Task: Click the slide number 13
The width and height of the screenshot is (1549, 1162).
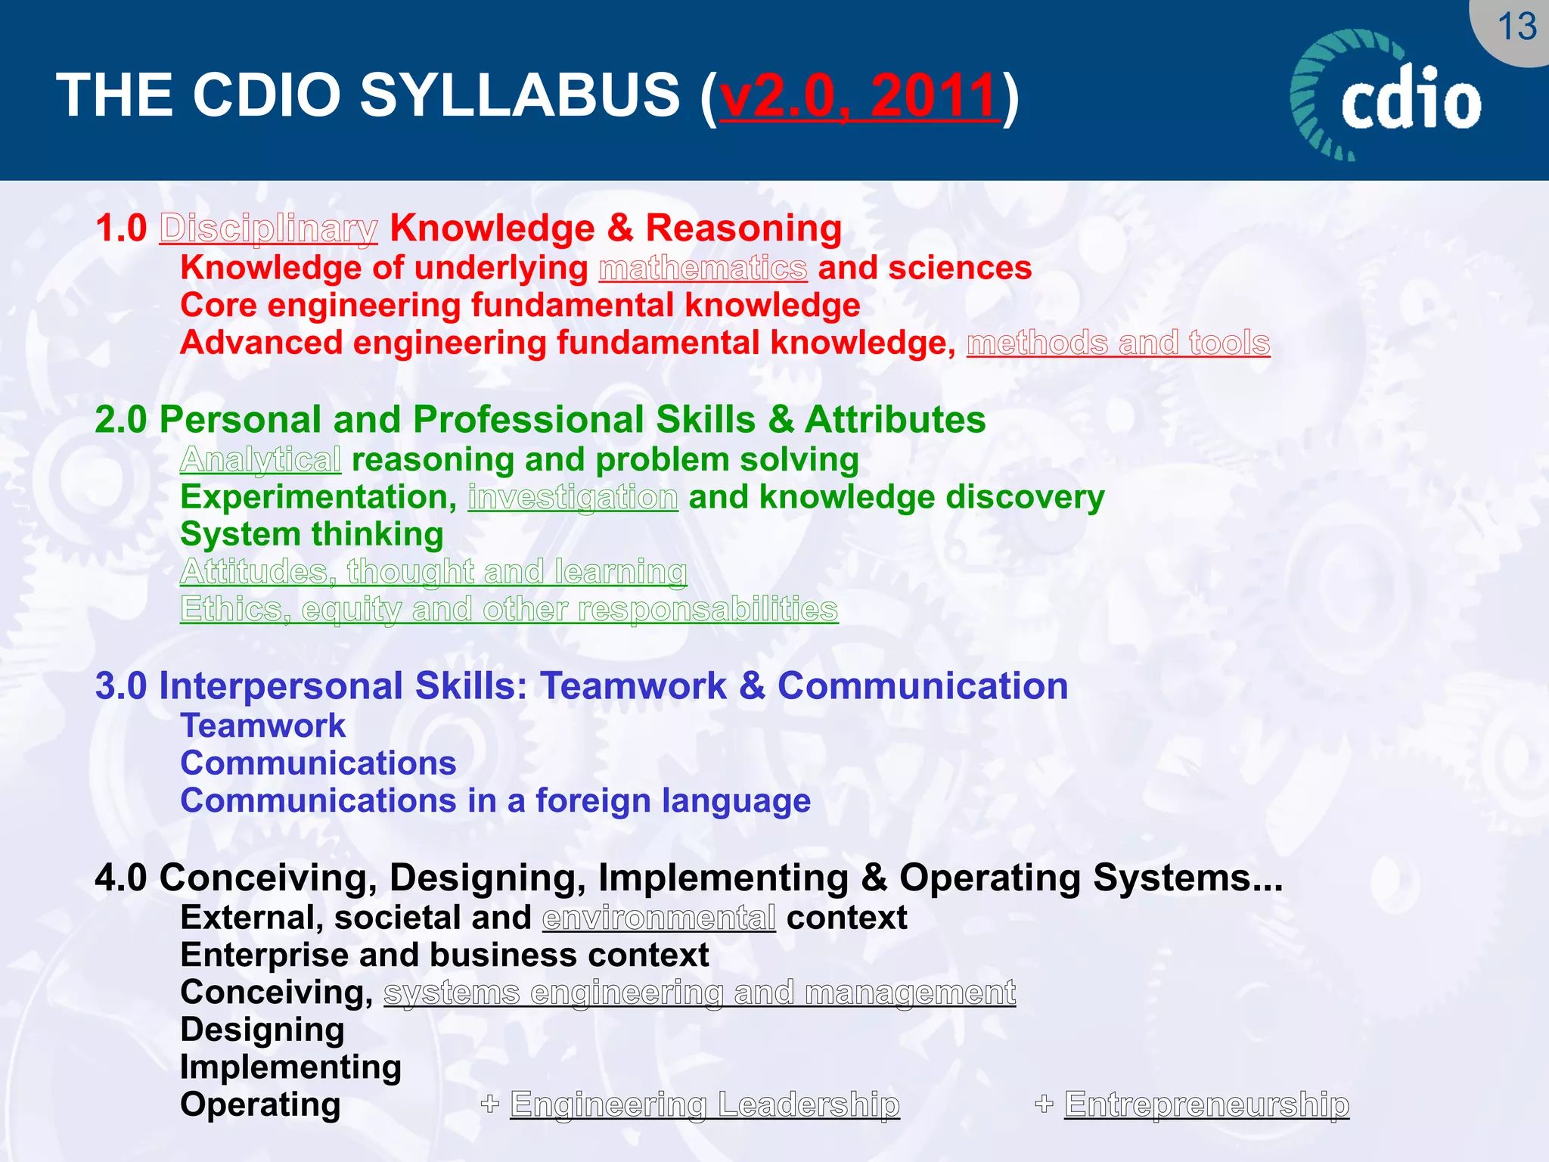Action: coord(1516,27)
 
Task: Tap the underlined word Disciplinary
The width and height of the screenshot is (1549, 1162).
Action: coord(269,228)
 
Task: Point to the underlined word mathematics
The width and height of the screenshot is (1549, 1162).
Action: coord(703,269)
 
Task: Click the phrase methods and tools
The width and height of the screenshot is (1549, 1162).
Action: coord(1118,343)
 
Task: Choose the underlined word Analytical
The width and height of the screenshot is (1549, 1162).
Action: coord(261,460)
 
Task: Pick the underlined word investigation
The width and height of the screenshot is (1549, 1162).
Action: coord(573,497)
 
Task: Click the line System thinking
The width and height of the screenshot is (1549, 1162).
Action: coord(312,534)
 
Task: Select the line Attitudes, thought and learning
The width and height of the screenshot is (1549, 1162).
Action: coord(433,572)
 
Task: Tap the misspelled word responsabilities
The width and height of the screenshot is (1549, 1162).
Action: coord(708,609)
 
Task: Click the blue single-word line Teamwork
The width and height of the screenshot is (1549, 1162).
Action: coord(262,725)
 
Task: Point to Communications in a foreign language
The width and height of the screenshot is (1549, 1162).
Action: coord(495,800)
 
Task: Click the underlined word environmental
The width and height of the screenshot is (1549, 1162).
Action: coord(659,918)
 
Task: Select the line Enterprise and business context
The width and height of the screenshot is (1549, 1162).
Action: coord(445,955)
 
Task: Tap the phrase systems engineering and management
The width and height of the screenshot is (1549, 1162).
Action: coord(700,993)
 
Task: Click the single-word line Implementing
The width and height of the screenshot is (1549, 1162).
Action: coord(290,1067)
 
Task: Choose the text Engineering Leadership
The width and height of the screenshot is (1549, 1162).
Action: coord(705,1105)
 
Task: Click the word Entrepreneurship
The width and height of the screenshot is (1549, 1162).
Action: coord(1206,1105)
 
